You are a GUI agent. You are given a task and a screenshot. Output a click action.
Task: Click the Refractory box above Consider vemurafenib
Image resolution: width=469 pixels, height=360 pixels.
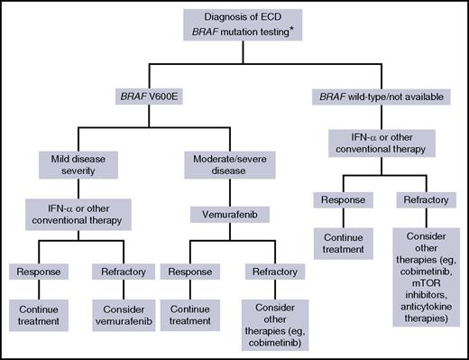(x=125, y=269)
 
